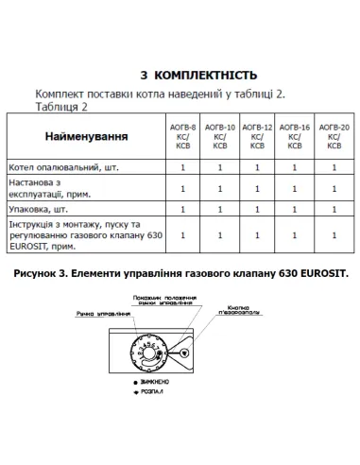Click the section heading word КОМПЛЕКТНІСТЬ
pos(204,75)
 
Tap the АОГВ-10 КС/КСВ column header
pos(219,136)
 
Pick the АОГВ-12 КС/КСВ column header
pos(257,136)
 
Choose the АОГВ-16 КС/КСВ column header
pos(295,136)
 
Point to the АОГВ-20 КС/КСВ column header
pos(334,136)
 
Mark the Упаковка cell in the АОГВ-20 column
pos(334,211)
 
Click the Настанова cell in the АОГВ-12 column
pos(257,188)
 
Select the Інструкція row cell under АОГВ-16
pos(295,235)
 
